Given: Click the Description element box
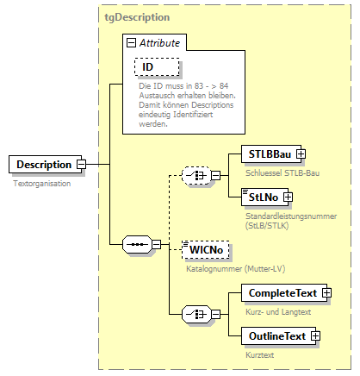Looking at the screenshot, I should coord(42,164).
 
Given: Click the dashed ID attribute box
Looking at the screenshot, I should coord(148,67).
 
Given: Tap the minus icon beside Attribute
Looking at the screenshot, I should coord(131,42).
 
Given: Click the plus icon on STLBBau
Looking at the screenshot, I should coord(301,154).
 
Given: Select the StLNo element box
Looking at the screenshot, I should coord(264,197).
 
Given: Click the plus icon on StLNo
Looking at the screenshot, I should coord(289,197).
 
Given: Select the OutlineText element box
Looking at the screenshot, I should coord(275,335).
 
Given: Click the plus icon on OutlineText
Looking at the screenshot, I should coord(316,335).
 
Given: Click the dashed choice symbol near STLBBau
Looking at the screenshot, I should coord(199,176).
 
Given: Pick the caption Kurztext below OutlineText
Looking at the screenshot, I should coord(254,354).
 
